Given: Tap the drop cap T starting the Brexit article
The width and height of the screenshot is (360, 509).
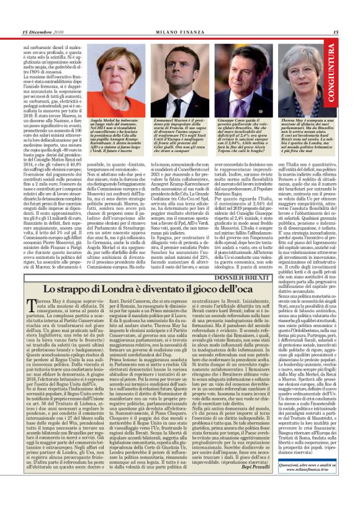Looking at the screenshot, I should (x=28, y=286).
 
